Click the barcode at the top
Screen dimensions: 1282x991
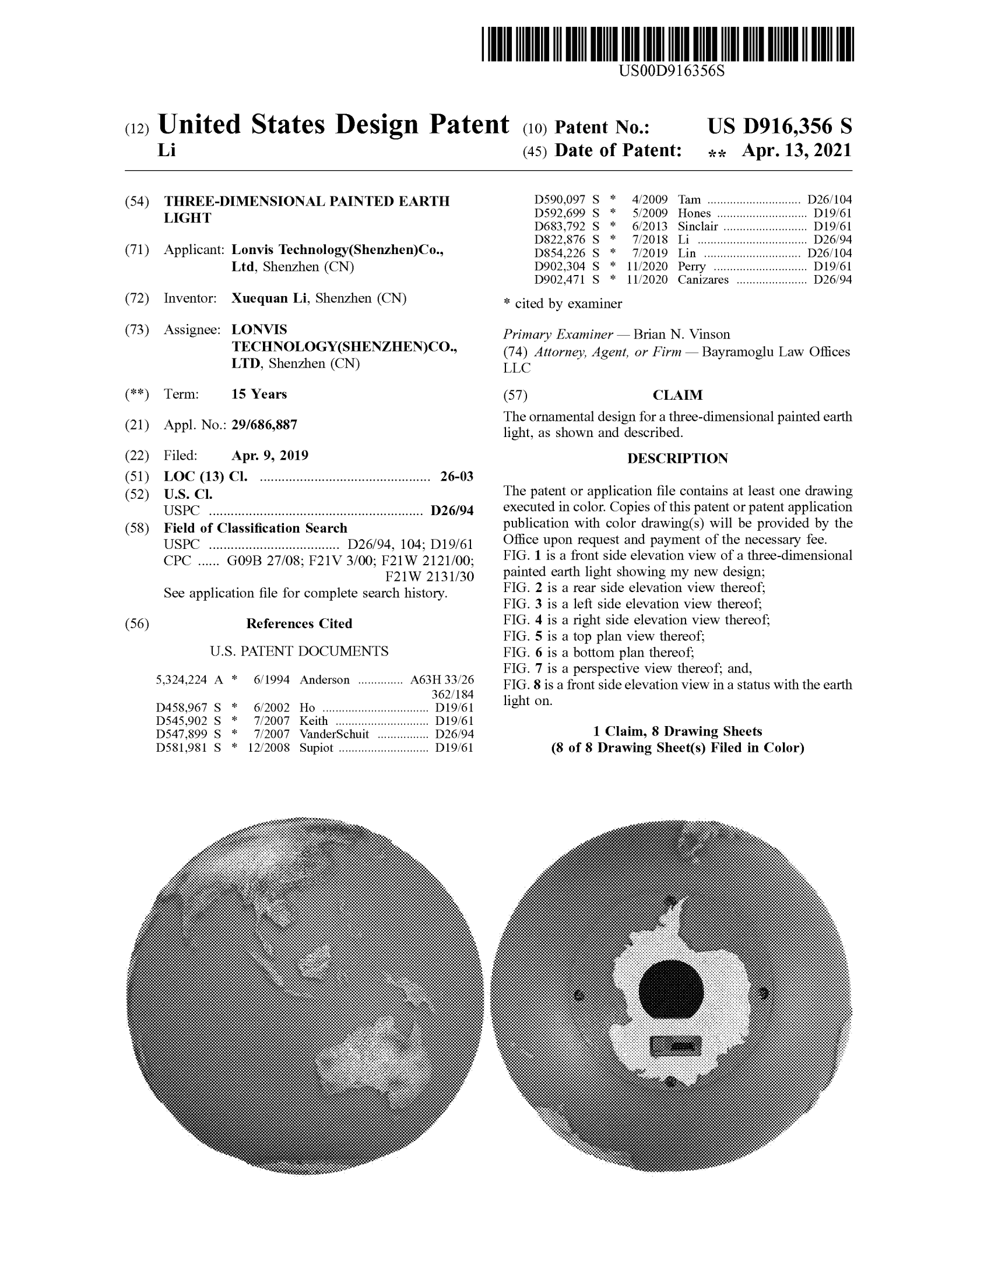pos(667,44)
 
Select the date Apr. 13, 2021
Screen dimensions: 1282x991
pos(796,151)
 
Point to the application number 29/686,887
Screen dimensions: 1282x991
pos(264,425)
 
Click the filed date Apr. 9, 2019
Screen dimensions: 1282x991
pos(269,456)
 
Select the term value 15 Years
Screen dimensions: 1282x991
pos(259,394)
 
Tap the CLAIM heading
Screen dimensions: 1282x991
pos(677,395)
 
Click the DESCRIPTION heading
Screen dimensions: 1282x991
pos(677,459)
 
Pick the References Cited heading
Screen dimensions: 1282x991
pos(299,624)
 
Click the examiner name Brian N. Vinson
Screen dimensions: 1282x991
pos(681,334)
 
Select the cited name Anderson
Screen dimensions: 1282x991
pos(324,679)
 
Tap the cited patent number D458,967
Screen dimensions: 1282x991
pos(181,707)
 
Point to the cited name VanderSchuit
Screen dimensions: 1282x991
pos(334,734)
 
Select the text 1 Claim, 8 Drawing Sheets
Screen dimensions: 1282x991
pos(677,731)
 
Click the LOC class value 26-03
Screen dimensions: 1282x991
pos(457,476)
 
